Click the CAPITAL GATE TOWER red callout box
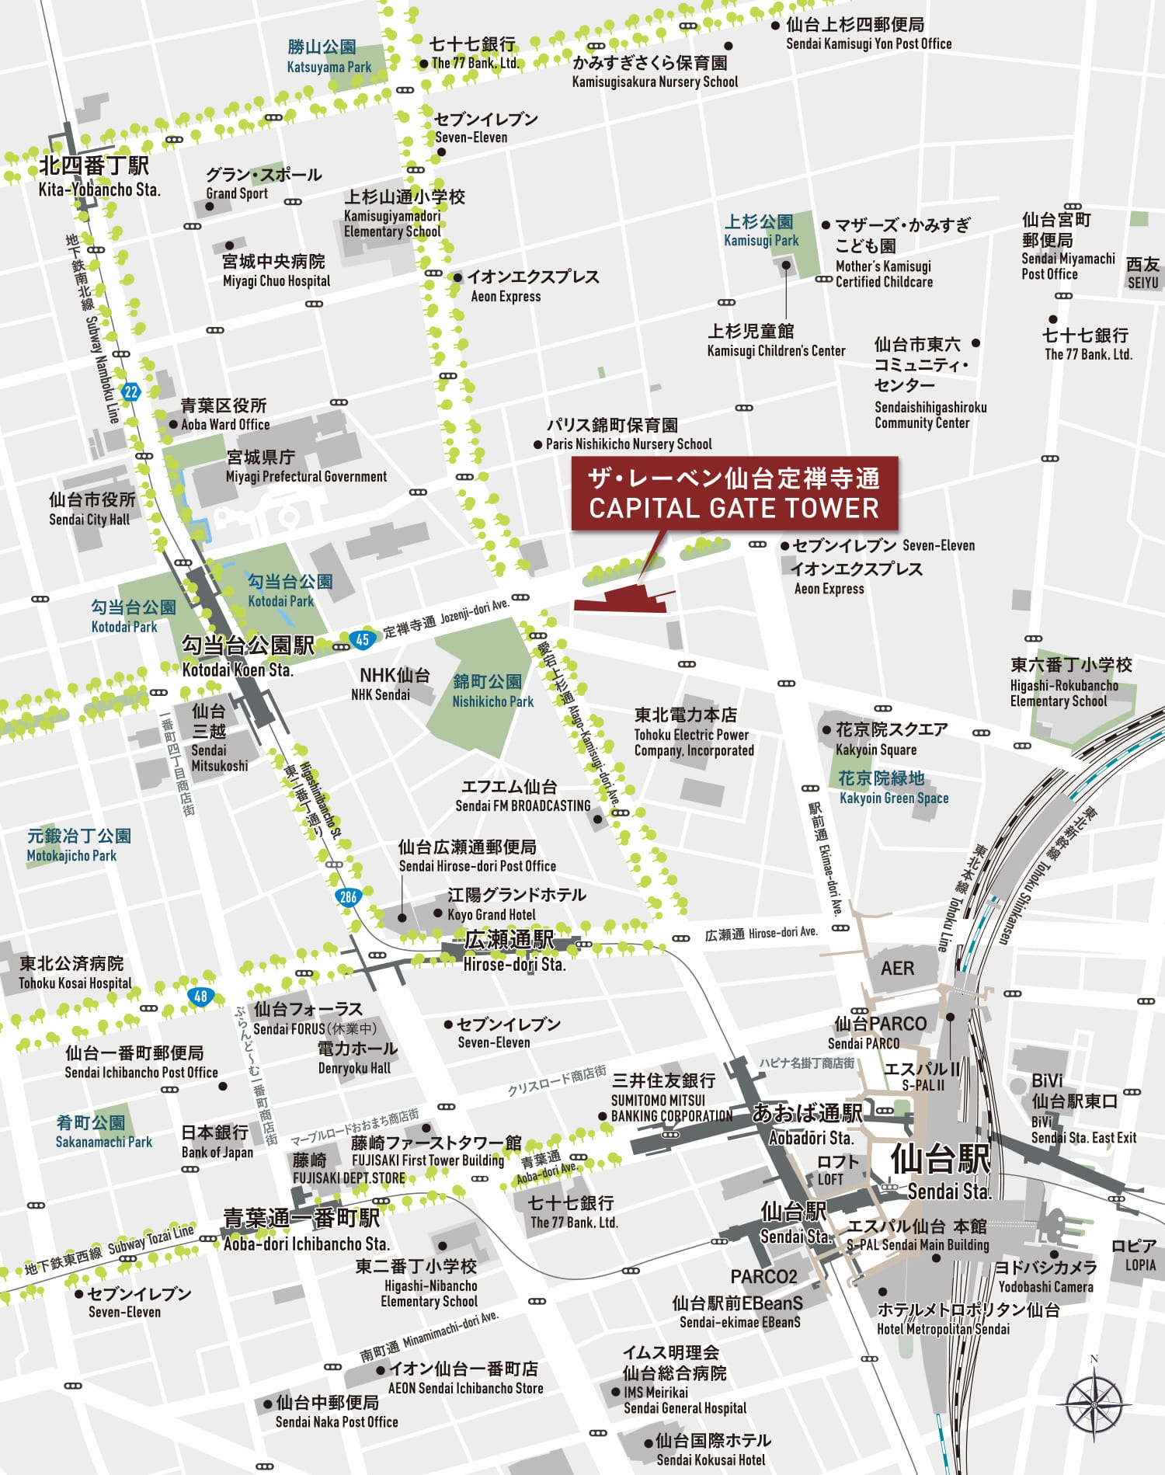pos(734,493)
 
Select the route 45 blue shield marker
pos(363,639)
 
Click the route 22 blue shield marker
pos(130,391)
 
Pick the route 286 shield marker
pos(349,897)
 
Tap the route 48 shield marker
pos(201,996)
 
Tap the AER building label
pos(897,969)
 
